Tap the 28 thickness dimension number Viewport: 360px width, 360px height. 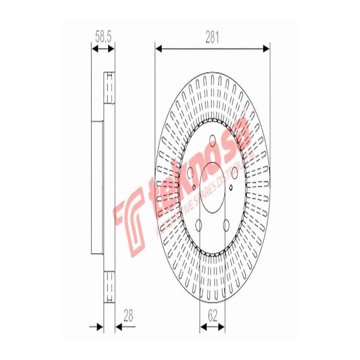point(129,317)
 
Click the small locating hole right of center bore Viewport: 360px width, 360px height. point(231,188)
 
